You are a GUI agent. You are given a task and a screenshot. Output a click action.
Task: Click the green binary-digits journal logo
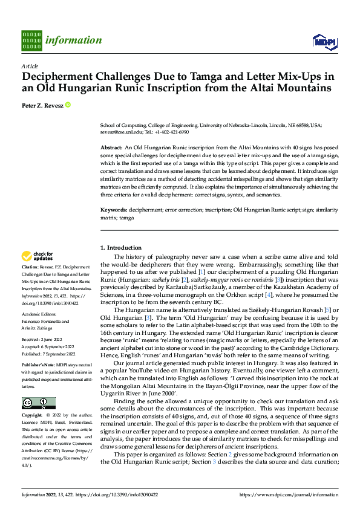tap(31, 41)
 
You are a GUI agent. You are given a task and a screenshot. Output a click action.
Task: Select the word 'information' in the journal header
tap(74, 41)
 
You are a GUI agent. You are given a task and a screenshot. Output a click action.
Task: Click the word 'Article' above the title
tap(30, 66)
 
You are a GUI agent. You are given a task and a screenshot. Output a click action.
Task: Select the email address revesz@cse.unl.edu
tap(121, 131)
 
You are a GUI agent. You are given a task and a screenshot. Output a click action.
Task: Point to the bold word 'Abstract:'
tap(111, 148)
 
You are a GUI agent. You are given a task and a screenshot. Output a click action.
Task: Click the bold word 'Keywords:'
tap(113, 209)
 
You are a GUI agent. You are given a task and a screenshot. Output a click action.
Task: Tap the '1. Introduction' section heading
tap(120, 248)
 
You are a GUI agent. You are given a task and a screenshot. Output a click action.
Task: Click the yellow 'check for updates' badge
tap(38, 256)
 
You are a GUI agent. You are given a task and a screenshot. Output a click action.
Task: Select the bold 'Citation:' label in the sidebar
tap(31, 266)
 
